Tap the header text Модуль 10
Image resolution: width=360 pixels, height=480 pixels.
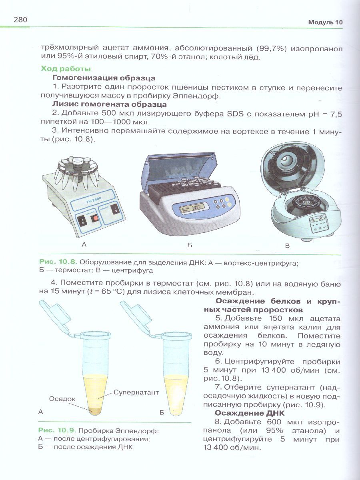pos(325,23)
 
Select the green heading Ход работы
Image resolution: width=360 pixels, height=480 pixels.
pos(66,69)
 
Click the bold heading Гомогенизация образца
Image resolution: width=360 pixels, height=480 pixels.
pos(104,78)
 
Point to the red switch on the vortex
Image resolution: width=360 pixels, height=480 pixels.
pos(95,218)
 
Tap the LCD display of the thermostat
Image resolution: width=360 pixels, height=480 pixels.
pos(189,210)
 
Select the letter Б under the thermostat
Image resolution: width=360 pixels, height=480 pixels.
pos(190,245)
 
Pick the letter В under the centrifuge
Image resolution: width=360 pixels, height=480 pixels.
pos(287,246)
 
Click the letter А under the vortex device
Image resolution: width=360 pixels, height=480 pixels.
pos(84,244)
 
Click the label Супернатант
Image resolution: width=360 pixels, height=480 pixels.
pos(136,392)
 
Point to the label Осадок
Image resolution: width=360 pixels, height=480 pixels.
pos(62,399)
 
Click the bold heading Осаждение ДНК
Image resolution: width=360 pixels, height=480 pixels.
pos(250,413)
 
